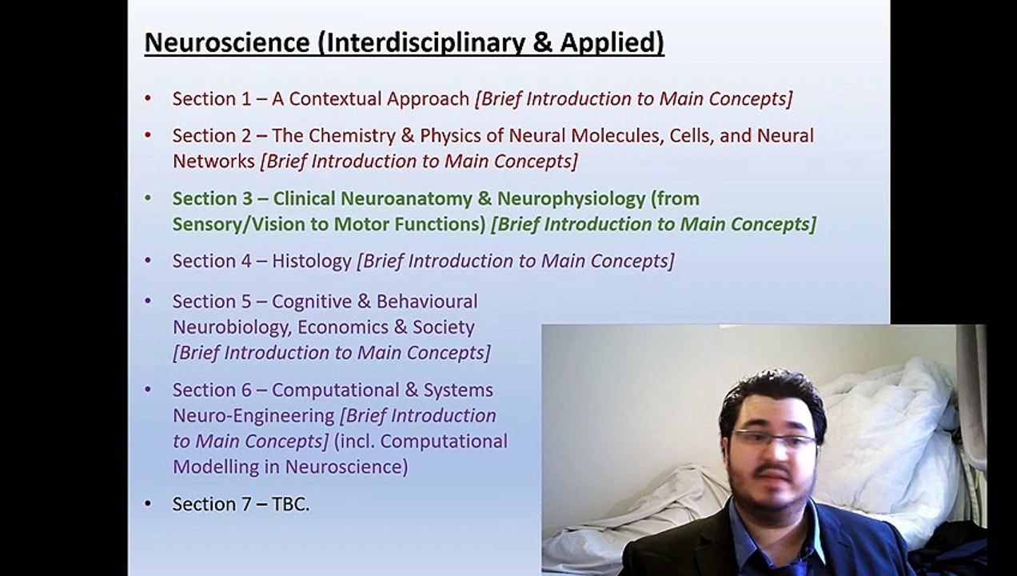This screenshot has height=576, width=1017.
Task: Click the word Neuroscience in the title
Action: [x=227, y=42]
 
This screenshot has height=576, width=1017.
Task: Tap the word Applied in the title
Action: [x=612, y=42]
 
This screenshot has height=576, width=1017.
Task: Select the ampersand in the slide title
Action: [x=542, y=42]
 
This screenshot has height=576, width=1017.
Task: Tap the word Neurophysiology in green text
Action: [x=571, y=198]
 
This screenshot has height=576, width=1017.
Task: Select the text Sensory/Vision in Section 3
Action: [x=239, y=225]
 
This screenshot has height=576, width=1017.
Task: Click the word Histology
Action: [x=312, y=261]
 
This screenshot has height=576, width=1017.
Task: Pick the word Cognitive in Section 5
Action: [x=312, y=301]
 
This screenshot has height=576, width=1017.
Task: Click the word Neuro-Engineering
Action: [x=253, y=416]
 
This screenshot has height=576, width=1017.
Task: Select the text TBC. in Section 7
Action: [x=290, y=504]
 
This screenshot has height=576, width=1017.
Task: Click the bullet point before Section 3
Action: [x=148, y=198]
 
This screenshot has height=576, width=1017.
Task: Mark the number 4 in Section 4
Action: [x=245, y=261]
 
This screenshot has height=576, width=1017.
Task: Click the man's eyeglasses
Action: [x=775, y=439]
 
